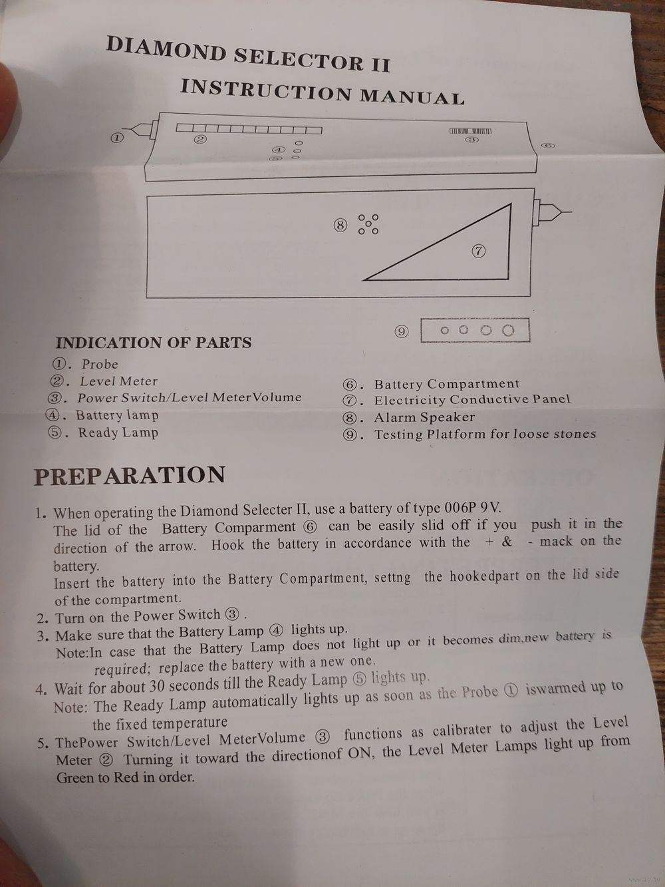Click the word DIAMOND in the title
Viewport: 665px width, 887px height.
click(x=166, y=50)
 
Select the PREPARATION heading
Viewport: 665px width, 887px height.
click(x=130, y=475)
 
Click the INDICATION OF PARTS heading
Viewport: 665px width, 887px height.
click(x=154, y=343)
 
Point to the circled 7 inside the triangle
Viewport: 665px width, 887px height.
click(x=478, y=252)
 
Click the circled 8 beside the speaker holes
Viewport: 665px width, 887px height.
click(x=340, y=225)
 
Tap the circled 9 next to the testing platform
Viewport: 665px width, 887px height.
click(x=402, y=332)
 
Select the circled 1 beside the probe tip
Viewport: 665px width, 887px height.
click(x=116, y=138)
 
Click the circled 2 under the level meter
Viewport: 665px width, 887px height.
click(x=201, y=140)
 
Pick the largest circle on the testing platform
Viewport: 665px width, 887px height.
click(x=508, y=331)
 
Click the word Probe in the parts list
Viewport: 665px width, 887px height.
click(x=100, y=364)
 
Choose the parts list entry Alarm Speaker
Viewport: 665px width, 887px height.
click(x=424, y=417)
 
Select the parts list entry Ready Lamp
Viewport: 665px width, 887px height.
click(x=118, y=433)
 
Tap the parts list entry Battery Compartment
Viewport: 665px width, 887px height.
click(x=447, y=384)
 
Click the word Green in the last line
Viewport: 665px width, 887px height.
click(x=74, y=777)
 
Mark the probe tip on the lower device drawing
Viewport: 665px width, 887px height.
click(x=571, y=212)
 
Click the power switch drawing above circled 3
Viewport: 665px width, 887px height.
click(x=471, y=131)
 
